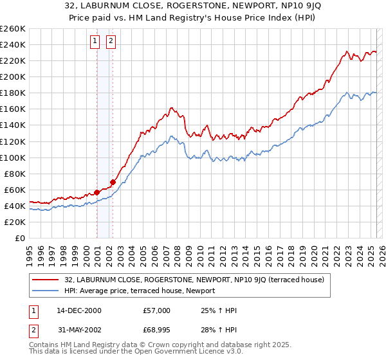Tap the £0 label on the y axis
point(19,238)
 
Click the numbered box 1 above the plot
point(95,42)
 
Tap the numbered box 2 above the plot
point(111,42)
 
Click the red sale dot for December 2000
point(96,192)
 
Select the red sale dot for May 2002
point(113,183)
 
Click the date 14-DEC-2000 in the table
point(78,310)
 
